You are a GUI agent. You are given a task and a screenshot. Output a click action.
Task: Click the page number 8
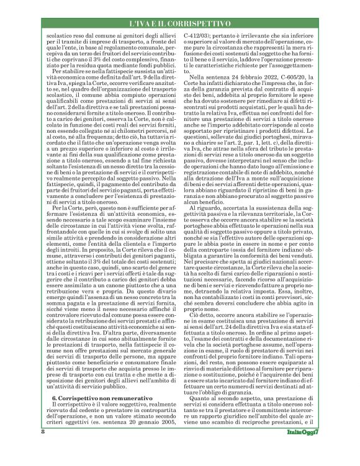43,447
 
